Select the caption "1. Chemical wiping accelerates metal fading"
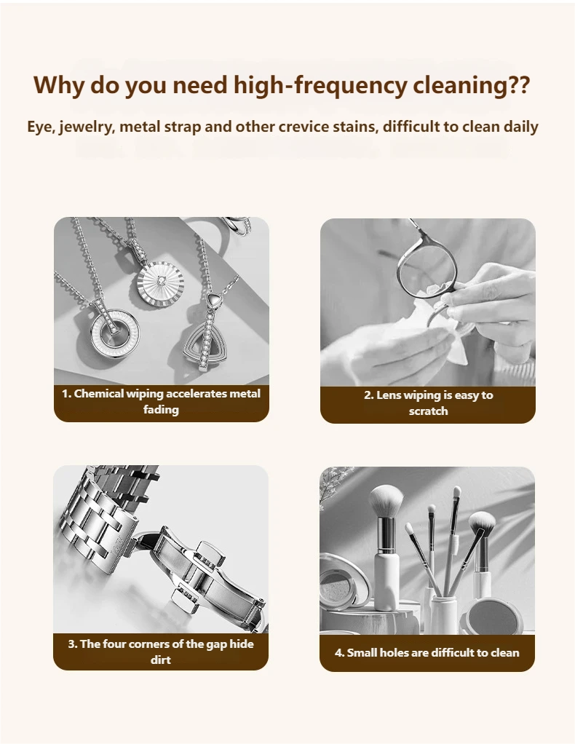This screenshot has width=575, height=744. tap(162, 401)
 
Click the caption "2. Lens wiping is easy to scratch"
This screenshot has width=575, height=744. tap(429, 403)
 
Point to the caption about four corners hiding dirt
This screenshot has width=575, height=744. tap(161, 652)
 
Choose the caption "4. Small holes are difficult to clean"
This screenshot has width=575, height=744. tap(427, 652)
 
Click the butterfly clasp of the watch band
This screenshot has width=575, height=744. tap(209, 575)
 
